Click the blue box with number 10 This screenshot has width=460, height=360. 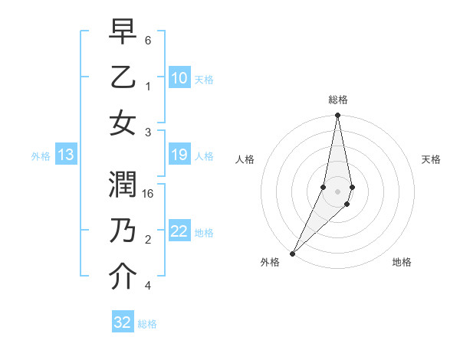179,77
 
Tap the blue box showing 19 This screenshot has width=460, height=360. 179,155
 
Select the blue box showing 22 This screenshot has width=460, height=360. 179,231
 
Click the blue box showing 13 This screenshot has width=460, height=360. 66,155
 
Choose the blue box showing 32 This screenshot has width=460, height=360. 123,322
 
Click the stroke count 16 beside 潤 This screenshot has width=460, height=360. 148,194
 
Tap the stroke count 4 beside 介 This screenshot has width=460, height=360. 148,286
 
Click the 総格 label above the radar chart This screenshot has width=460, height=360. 337,100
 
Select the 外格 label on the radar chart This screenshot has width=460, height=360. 270,262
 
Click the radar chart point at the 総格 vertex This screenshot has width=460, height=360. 337,116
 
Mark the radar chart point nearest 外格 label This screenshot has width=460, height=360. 293,253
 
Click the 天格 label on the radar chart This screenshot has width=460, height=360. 431,159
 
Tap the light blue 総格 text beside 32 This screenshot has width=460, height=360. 147,324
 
